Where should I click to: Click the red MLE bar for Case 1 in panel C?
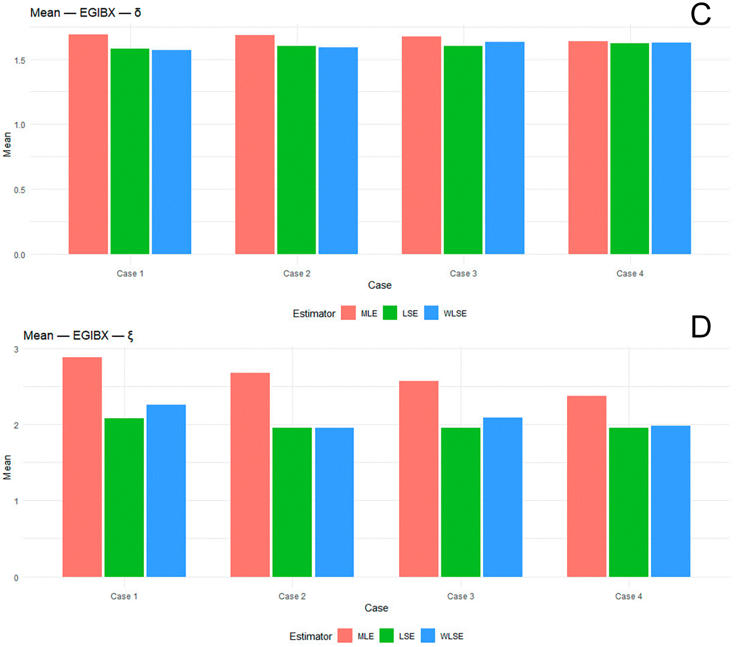coord(88,144)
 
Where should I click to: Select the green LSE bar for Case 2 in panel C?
coord(296,150)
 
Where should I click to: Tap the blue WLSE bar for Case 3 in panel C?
coord(505,148)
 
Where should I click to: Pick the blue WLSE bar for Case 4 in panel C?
coord(671,148)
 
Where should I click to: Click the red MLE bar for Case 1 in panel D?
coord(82,467)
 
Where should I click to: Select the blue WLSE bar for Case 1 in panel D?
coord(166,491)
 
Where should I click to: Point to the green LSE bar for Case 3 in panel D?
coord(461,502)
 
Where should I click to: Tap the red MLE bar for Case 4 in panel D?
coord(586,486)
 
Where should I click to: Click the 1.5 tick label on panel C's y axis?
coord(20,61)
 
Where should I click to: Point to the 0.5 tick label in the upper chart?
coord(20,190)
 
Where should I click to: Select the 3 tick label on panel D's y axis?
coord(16,350)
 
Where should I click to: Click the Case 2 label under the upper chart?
coord(297,273)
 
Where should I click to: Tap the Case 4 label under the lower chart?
coord(628,596)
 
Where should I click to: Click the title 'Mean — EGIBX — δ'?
coord(85,13)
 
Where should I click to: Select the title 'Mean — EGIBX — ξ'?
coord(78,335)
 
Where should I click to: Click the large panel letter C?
coord(700,15)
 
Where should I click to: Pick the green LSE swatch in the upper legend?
coord(390,313)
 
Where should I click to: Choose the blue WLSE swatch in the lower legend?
coord(428,636)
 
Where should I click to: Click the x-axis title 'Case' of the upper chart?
coord(380,285)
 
